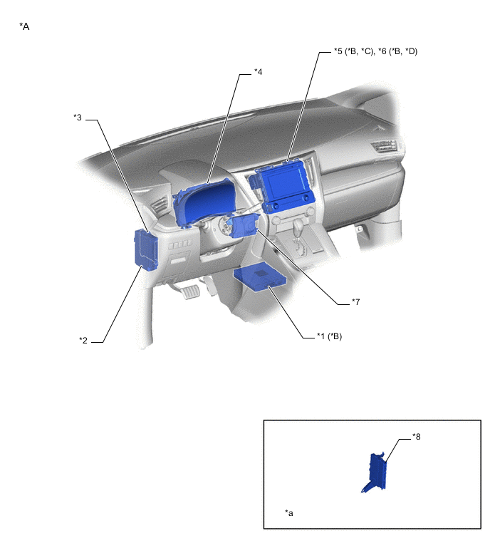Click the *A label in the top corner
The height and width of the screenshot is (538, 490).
[25, 26]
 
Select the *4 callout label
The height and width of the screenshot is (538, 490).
[259, 71]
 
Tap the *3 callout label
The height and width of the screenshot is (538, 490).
[78, 116]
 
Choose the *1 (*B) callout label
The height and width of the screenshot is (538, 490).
[328, 336]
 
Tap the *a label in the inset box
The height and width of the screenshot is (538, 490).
[289, 512]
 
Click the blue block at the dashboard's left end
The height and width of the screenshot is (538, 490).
[145, 250]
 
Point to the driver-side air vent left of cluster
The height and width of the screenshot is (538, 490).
[160, 207]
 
